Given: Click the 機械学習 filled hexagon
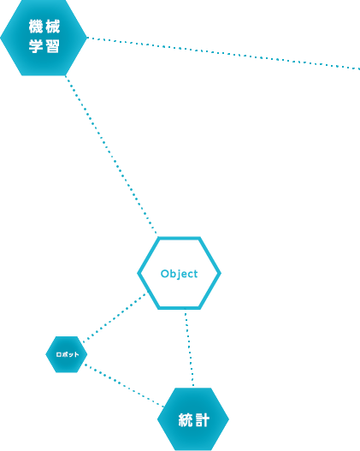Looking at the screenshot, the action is click(44, 38).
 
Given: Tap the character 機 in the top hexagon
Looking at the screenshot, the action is click(36, 27).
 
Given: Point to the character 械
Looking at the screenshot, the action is click(52, 27).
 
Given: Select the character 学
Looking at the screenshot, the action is click(36, 46).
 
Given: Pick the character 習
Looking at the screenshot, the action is click(52, 46).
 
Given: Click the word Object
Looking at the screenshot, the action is click(179, 274).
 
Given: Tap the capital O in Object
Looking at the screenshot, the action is click(164, 274).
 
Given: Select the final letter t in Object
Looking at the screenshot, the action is click(196, 274).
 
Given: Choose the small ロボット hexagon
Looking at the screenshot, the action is click(67, 354).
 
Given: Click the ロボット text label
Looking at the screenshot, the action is click(68, 354).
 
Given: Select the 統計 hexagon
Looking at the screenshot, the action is click(193, 419).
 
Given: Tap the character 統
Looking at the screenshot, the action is click(186, 420).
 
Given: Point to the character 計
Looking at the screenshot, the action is click(202, 420).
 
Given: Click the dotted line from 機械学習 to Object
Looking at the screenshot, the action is click(111, 155).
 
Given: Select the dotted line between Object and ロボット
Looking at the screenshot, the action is click(115, 317).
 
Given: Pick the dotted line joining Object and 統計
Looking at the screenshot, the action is click(189, 349).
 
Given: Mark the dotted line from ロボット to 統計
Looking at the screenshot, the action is click(124, 386).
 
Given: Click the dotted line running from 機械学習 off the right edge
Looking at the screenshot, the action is click(223, 53).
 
